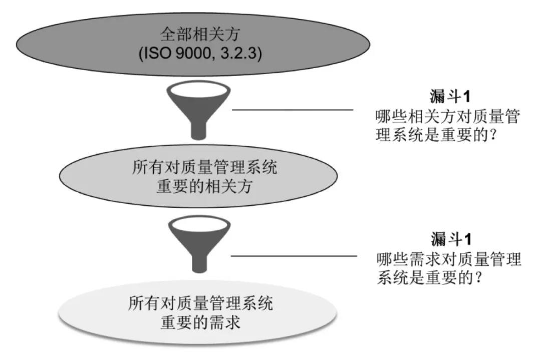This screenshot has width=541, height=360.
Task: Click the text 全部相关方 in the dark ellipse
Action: click(200, 35)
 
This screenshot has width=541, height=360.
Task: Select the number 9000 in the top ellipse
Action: click(198, 53)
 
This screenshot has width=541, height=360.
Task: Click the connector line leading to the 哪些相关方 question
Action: click(293, 109)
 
